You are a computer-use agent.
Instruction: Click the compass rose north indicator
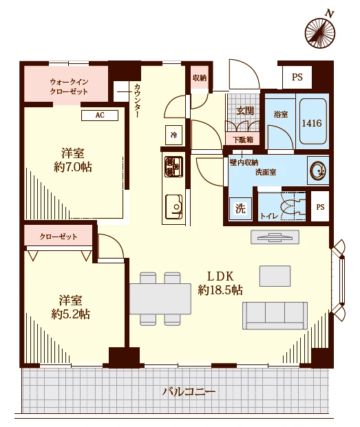pos(320,32)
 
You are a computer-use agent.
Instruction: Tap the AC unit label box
pos(100,116)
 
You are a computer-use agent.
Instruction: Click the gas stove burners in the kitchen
pos(173,166)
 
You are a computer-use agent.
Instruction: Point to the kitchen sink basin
pos(174,206)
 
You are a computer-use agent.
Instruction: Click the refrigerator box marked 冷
pos(173,135)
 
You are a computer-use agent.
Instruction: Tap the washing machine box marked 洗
pos(240,208)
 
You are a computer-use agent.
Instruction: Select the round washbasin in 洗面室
pos(317,171)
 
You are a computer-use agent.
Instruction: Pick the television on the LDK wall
pos(275,237)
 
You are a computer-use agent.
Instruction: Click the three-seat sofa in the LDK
pos(275,316)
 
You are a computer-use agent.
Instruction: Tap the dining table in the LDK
pos(160,298)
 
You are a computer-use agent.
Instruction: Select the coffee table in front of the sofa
pos(275,276)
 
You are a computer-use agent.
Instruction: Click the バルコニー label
pos(189,392)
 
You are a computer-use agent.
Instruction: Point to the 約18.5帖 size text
pos(220,290)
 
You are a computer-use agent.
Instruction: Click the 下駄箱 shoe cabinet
pos(242,140)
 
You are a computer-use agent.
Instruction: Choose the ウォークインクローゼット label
pos(69,87)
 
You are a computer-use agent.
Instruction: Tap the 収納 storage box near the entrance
pos(200,78)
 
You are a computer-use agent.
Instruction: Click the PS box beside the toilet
pos(320,207)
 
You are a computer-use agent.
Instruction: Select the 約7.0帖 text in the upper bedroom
pos(73,167)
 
